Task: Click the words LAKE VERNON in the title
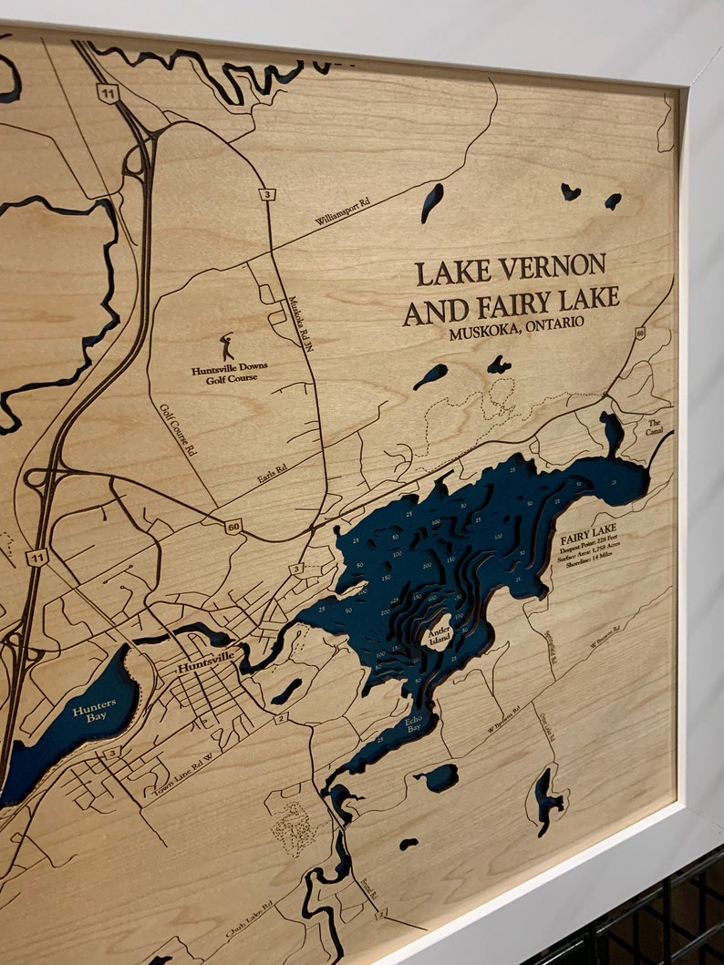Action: (x=511, y=269)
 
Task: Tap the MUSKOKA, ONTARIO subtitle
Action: (x=516, y=330)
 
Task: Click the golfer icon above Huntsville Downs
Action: (x=226, y=346)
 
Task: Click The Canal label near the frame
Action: (x=655, y=426)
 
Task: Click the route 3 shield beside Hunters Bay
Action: (x=110, y=753)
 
